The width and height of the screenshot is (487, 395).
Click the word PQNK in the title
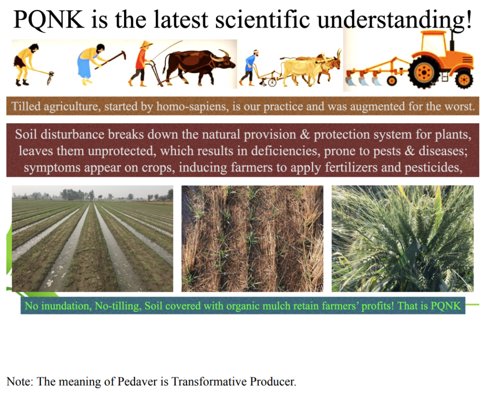click(x=49, y=20)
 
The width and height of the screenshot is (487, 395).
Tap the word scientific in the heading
click(x=263, y=19)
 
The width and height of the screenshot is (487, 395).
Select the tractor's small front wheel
click(x=464, y=79)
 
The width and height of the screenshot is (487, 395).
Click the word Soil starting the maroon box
click(x=27, y=135)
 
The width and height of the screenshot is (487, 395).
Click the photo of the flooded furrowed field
click(x=93, y=239)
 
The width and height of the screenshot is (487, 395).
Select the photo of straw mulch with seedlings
click(x=252, y=239)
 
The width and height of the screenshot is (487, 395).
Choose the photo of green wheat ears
click(x=402, y=239)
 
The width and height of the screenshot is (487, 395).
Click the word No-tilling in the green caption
click(x=118, y=306)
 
